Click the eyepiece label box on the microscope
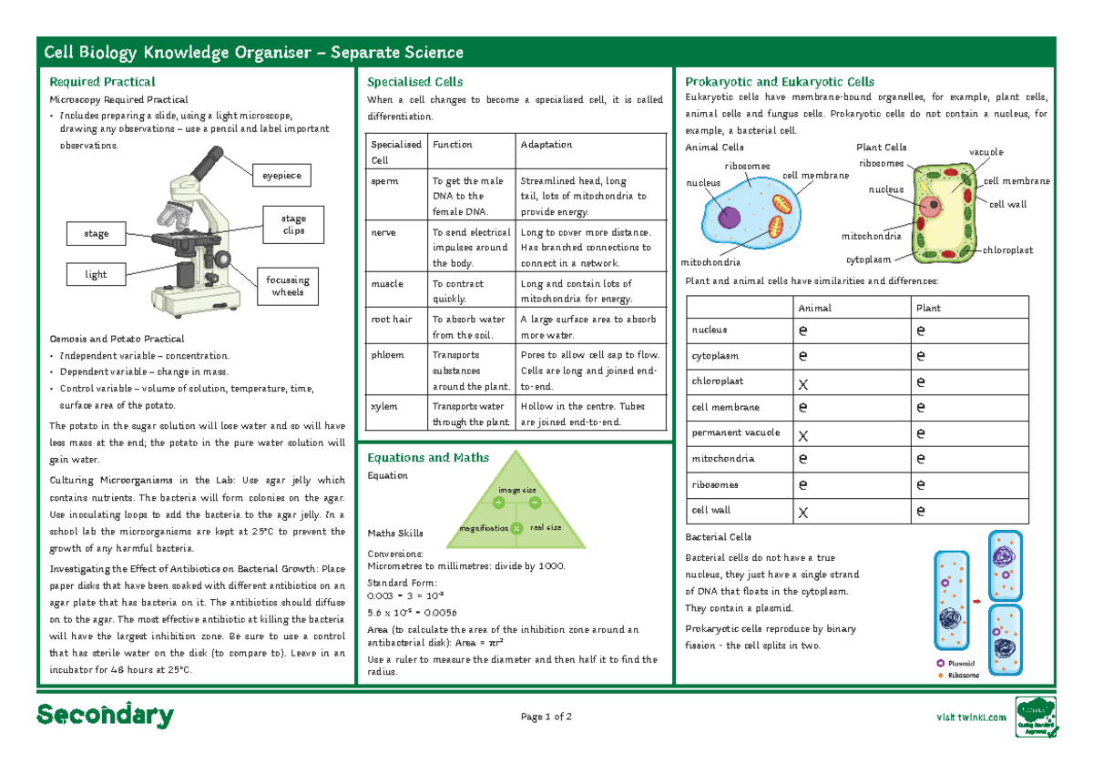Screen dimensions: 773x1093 coord(282,175)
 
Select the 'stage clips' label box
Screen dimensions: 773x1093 coord(293,224)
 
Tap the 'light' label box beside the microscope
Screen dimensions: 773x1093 coord(96,274)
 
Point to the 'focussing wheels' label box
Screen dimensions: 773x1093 coord(288,286)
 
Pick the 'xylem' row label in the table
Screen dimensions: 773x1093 coord(383,407)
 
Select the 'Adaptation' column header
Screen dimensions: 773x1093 coord(546,145)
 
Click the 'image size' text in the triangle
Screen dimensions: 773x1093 coord(516,490)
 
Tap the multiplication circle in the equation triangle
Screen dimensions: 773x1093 coord(516,528)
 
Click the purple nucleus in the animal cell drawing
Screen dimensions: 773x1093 coord(729,218)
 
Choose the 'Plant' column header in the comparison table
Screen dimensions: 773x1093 coord(929,308)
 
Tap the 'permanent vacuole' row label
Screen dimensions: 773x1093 coord(723,432)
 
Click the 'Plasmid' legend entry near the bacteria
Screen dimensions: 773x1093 coord(961,664)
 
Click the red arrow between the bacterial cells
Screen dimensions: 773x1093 coord(976,601)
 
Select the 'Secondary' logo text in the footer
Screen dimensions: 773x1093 coord(105,716)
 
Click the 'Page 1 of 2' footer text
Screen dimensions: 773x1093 coord(546,717)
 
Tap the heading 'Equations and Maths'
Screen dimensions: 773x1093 coord(427,458)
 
